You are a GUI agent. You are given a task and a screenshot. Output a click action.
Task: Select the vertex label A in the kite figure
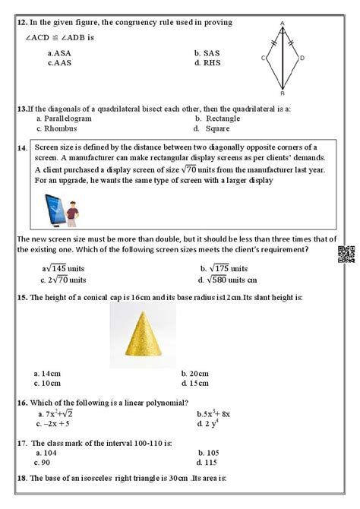pyautogui.click(x=282, y=24)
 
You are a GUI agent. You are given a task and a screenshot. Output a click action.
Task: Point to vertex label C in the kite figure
pyautogui.click(x=263, y=57)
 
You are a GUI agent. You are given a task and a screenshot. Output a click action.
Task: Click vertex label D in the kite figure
pyautogui.click(x=302, y=57)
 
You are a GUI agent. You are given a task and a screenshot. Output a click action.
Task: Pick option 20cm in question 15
pyautogui.click(x=194, y=373)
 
